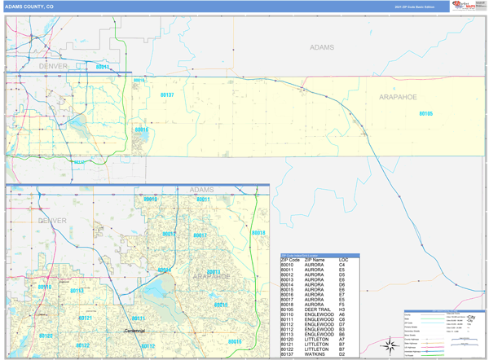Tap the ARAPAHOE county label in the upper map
click(x=397, y=97)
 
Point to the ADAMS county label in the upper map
click(x=321, y=47)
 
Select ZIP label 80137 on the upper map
click(x=166, y=95)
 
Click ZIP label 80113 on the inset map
click(x=77, y=291)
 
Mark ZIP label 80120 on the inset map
click(x=45, y=335)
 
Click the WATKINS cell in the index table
click(x=315, y=354)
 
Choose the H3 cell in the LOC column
click(x=343, y=310)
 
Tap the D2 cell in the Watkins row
click(x=343, y=354)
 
